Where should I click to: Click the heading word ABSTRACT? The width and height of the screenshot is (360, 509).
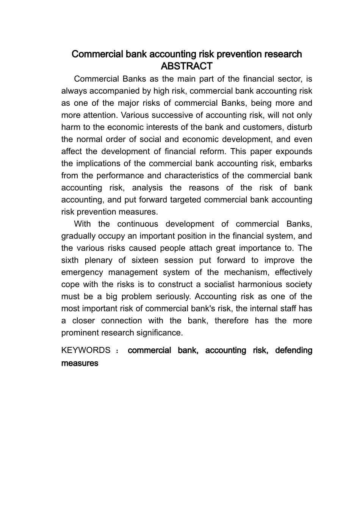pos(186,66)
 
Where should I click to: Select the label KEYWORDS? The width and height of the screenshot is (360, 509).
pos(86,350)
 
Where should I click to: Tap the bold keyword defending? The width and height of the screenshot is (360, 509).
pos(294,350)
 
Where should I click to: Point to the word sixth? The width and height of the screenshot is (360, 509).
pos(70,260)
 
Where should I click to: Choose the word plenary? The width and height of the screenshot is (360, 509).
pos(99,260)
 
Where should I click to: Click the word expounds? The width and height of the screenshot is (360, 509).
pos(294,151)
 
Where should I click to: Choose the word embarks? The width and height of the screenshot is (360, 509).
pos(297,164)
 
